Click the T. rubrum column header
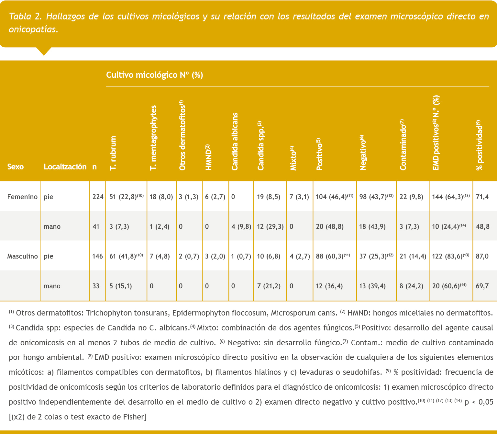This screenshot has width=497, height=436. click(113, 153)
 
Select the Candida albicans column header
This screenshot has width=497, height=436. click(235, 142)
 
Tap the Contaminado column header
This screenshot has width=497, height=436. click(403, 145)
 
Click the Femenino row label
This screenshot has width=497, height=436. click(22, 197)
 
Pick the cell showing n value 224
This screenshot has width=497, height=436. click(97, 197)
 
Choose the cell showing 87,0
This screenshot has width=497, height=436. click(482, 256)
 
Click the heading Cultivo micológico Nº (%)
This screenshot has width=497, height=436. click(154, 75)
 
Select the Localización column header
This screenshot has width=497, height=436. click(65, 167)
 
